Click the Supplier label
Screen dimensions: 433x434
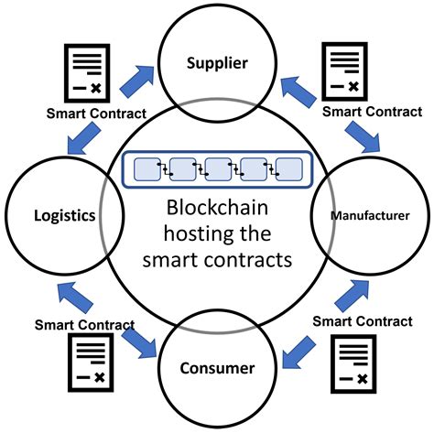pyautogui.click(x=217, y=63)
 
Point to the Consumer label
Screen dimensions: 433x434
pyautogui.click(x=217, y=369)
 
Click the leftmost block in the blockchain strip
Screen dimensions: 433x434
pyautogui.click(x=147, y=169)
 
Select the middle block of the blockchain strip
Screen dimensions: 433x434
pyautogui.click(x=218, y=169)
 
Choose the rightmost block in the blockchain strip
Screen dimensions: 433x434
pyautogui.click(x=289, y=169)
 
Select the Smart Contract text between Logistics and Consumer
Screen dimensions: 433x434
pyautogui.click(x=84, y=323)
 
